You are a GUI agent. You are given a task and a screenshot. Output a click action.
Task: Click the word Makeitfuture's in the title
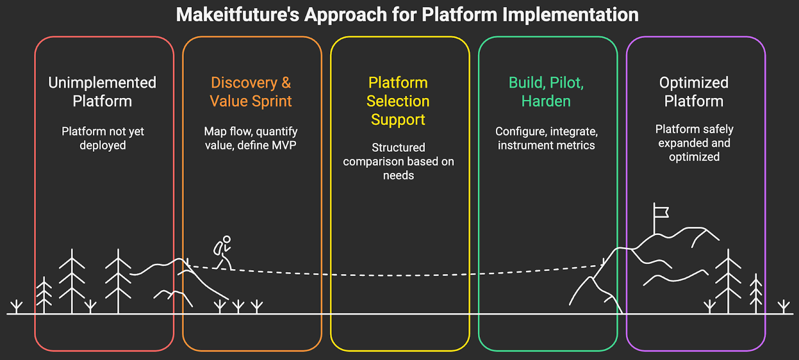pos(237,15)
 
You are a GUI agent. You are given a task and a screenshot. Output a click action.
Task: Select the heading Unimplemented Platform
pos(102,92)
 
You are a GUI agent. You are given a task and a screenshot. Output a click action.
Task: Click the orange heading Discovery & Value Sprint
pos(251,92)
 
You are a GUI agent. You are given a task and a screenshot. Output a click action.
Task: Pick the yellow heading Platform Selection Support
pos(398,101)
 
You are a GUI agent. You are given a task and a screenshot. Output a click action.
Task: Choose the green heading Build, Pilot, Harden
pos(546,92)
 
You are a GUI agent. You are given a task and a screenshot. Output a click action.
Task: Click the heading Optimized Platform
pos(694,92)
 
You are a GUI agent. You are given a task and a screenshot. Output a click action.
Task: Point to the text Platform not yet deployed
pos(103,138)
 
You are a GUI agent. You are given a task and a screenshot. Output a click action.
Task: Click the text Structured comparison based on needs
pos(399,161)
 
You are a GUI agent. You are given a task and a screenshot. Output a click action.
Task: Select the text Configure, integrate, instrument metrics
pos(546,138)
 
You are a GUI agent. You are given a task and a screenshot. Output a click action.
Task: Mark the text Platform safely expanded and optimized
pos(694,143)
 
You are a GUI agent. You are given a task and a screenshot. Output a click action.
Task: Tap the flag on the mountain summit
pos(661,212)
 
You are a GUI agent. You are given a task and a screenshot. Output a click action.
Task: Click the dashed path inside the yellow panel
pos(399,275)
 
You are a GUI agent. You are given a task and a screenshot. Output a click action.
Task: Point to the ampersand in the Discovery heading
pos(286,83)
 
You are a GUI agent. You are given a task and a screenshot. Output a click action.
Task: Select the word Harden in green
pos(546,101)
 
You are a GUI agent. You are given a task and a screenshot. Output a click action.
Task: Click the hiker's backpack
pos(218,248)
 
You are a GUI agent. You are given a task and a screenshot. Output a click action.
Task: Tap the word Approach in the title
pos(346,15)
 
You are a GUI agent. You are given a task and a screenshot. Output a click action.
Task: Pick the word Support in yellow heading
pos(398,120)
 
